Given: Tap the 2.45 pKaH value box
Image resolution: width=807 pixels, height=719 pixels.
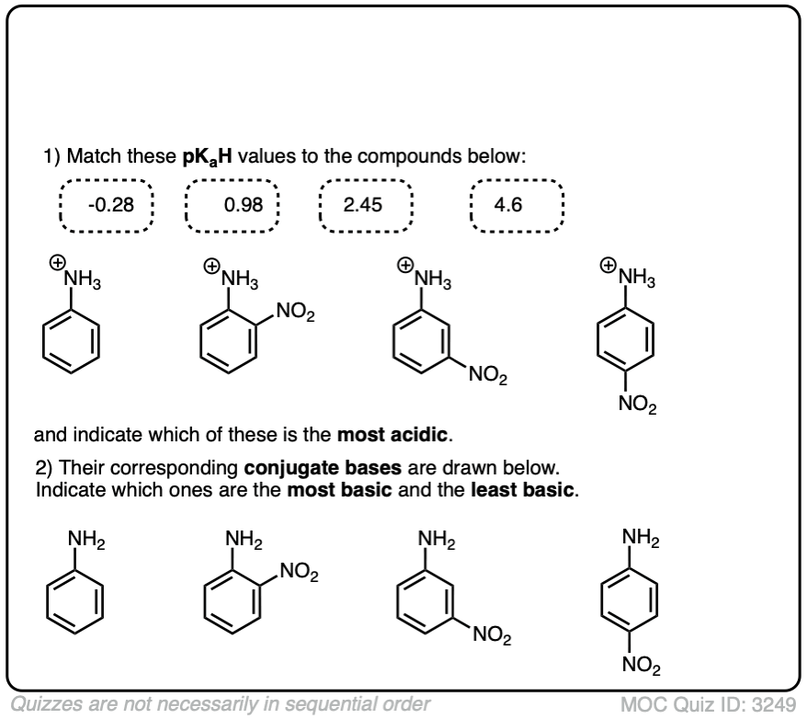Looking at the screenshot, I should pyautogui.click(x=366, y=203).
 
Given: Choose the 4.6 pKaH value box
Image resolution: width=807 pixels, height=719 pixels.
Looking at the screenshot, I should pyautogui.click(x=514, y=203).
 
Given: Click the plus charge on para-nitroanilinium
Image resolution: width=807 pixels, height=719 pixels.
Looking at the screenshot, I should pyautogui.click(x=607, y=266).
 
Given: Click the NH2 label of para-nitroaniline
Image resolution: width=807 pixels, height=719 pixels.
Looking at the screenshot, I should pyautogui.click(x=640, y=535).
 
